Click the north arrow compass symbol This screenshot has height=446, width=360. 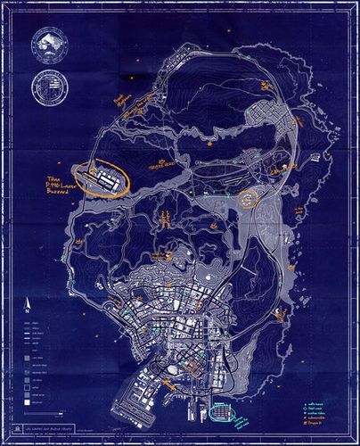point(27,303)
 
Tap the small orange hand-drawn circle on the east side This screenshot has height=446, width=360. point(247,199)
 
